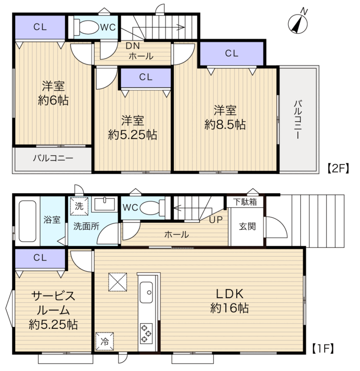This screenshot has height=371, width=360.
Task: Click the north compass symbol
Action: click(x=298, y=22)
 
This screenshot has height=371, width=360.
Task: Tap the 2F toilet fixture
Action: click(x=86, y=27)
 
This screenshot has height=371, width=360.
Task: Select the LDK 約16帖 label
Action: click(x=229, y=301)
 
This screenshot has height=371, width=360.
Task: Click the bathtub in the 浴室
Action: click(x=28, y=221)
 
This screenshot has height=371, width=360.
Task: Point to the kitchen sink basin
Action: click(x=146, y=292)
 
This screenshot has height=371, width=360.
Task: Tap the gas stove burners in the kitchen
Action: click(x=146, y=334)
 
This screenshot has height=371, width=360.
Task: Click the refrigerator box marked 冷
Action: click(x=105, y=341)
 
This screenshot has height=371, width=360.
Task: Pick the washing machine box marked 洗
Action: click(x=79, y=206)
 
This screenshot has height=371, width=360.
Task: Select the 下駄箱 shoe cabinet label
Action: click(x=245, y=202)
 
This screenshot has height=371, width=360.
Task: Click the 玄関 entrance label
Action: click(x=247, y=227)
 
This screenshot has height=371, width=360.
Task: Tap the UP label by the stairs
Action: click(x=216, y=220)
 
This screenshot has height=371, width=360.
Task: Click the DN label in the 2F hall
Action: click(x=133, y=46)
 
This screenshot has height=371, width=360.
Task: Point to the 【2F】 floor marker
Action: click(x=338, y=168)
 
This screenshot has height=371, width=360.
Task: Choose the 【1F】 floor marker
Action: click(x=323, y=349)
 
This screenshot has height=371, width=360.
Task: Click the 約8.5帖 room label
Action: click(x=225, y=125)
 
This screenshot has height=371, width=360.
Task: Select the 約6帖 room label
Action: click(x=53, y=100)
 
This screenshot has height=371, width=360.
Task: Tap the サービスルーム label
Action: click(x=53, y=303)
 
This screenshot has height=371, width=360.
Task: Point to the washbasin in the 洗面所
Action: click(x=105, y=205)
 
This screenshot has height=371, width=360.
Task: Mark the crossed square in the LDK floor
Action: click(x=118, y=282)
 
